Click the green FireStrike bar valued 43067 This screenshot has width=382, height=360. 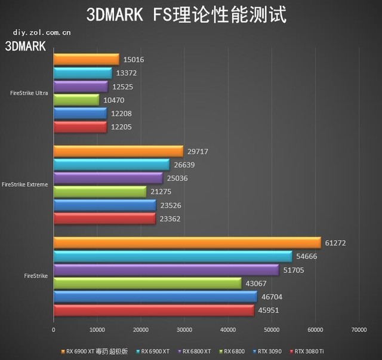147,283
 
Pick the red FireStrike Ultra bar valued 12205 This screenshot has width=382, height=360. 80,127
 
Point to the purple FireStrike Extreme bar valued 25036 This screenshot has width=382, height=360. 108,178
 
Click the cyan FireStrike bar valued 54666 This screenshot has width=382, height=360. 172,256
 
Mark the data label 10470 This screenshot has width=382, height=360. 113,100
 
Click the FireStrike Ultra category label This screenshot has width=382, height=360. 29,93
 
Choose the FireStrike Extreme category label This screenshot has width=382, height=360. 25,184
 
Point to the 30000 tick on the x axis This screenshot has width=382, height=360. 184,330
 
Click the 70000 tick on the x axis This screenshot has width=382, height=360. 359,330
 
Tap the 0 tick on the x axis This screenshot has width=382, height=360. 54,330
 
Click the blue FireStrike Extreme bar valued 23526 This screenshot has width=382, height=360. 104,205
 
